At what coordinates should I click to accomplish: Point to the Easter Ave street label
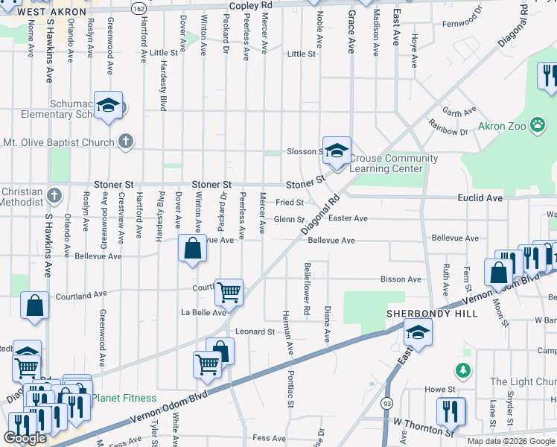coord(348,218)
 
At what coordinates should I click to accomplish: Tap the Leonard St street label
coord(255,332)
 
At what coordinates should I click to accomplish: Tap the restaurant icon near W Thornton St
coord(451,410)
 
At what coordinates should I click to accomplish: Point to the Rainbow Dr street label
coord(452,132)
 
